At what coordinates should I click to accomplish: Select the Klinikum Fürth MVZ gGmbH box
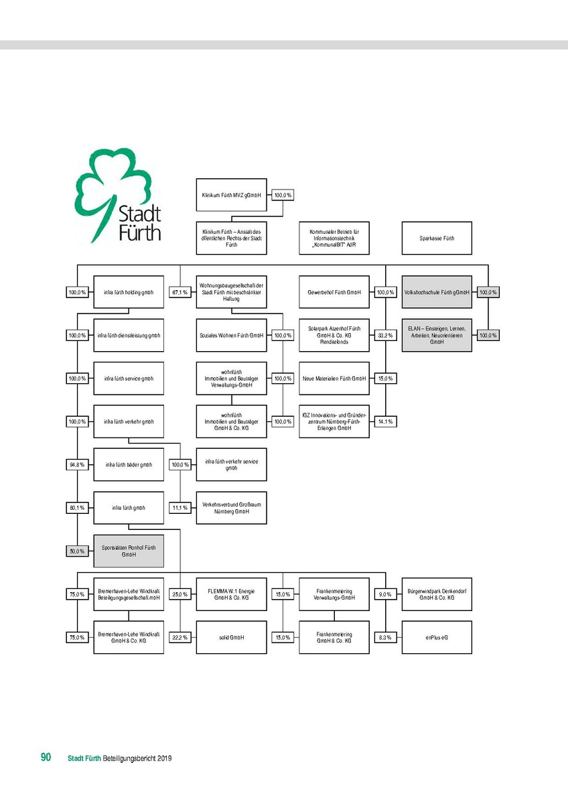coord(231,196)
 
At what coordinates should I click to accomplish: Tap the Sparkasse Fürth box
coord(437,238)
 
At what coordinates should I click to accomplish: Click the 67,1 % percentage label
coord(180,292)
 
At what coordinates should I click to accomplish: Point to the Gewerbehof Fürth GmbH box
coord(334,292)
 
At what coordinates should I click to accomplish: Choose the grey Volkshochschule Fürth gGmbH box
coord(437,292)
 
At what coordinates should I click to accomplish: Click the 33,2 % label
coord(385,335)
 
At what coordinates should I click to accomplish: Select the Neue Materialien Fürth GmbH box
coord(334,379)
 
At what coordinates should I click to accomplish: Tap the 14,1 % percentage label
coord(385,421)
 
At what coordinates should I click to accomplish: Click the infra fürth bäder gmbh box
coord(129,465)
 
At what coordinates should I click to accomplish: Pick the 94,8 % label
coord(77,465)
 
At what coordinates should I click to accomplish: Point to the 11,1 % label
coord(180,508)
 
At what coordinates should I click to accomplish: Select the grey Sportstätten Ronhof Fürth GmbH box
coord(129,551)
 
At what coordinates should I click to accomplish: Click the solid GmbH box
coord(231,637)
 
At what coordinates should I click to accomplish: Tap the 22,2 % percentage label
coord(180,637)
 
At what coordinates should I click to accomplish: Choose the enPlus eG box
coord(437,637)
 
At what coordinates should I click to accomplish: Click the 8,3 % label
coord(385,637)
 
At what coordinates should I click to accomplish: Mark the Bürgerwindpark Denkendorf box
coord(437,594)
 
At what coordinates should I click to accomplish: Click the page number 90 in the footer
coord(46,758)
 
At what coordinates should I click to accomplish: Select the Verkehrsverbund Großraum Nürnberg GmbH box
coord(231,508)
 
